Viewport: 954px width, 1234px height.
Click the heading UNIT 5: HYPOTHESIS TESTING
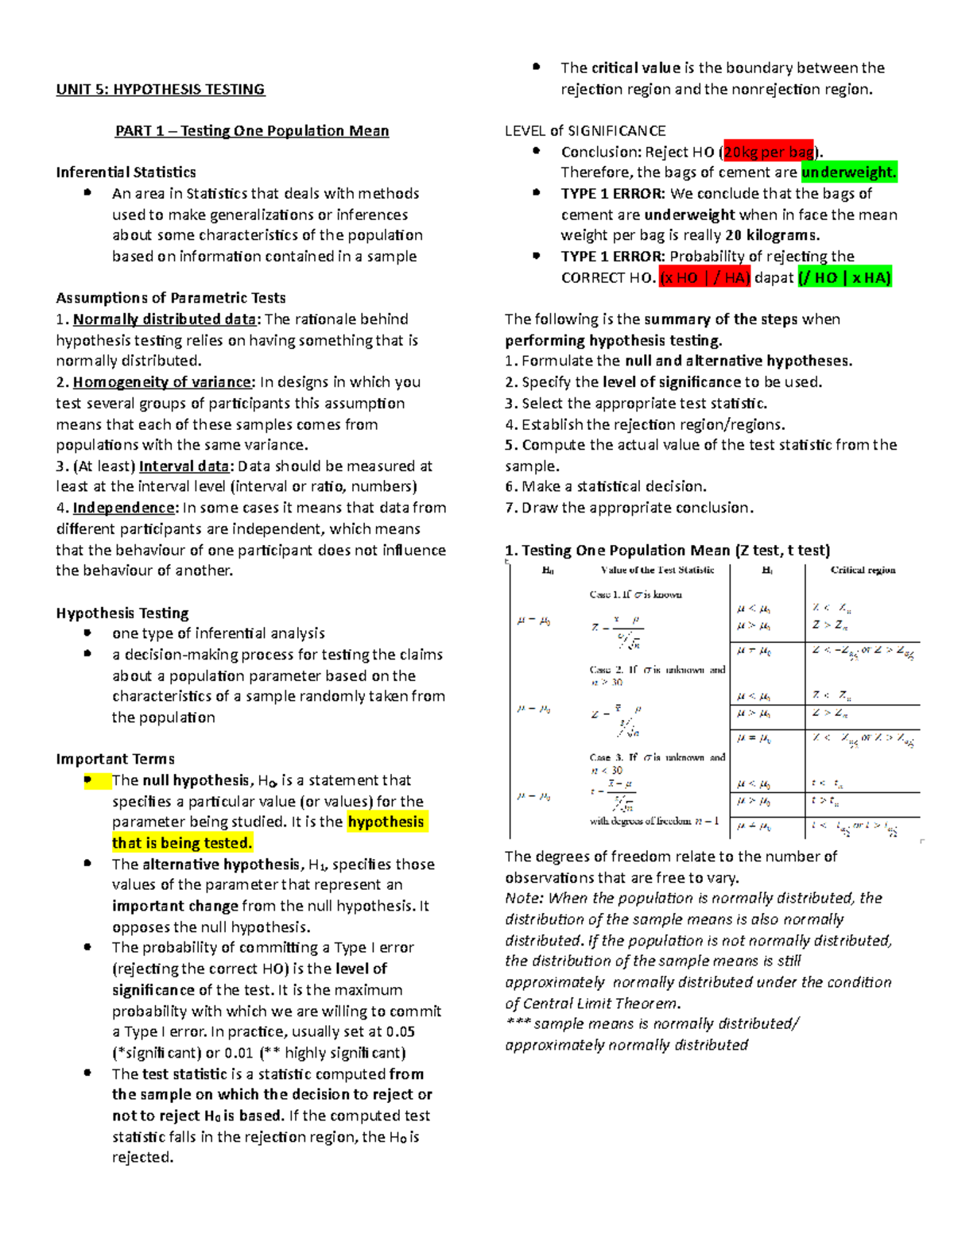tap(160, 89)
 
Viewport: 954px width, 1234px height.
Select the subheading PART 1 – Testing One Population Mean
tap(252, 131)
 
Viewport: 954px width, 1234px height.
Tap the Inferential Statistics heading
tap(126, 172)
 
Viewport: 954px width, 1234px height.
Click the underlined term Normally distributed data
tap(165, 319)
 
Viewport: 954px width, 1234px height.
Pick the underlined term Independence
tap(123, 508)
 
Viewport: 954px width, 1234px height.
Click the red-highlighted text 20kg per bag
tap(768, 152)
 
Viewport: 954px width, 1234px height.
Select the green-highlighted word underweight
tap(848, 172)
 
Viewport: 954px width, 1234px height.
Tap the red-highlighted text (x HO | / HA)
tap(705, 277)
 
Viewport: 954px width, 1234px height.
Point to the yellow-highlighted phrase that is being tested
tap(182, 843)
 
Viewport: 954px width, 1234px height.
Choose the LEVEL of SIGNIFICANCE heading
tap(585, 131)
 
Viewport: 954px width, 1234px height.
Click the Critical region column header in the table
tap(863, 570)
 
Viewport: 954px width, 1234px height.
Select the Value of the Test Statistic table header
tap(657, 570)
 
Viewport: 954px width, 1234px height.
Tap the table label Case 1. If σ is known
tap(635, 594)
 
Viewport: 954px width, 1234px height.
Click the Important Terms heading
tap(115, 759)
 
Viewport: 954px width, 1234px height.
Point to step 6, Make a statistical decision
tap(606, 486)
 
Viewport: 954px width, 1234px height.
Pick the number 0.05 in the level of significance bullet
tap(400, 1031)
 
